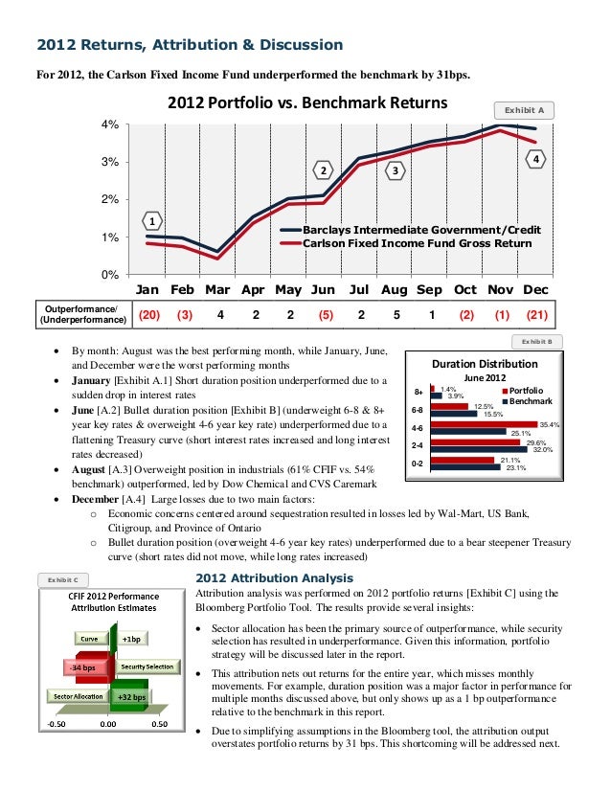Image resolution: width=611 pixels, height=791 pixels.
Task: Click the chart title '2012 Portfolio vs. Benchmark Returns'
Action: pyautogui.click(x=308, y=102)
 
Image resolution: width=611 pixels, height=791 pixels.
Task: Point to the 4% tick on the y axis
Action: pyautogui.click(x=111, y=124)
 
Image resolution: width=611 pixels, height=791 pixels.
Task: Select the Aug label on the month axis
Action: pyautogui.click(x=394, y=289)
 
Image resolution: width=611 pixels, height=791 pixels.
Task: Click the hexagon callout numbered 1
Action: pyautogui.click(x=152, y=220)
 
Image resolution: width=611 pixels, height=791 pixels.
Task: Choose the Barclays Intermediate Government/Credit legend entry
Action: pyautogui.click(x=421, y=231)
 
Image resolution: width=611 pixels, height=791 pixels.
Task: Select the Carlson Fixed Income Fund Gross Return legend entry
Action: pyautogui.click(x=417, y=243)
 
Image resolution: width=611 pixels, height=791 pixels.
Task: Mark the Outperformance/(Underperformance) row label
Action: pyautogui.click(x=79, y=314)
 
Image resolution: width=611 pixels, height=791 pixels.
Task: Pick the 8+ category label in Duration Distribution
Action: pyautogui.click(x=418, y=391)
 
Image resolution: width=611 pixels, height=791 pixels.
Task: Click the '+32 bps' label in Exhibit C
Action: pyautogui.click(x=131, y=696)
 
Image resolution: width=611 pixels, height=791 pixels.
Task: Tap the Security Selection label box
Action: pyautogui.click(x=147, y=667)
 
